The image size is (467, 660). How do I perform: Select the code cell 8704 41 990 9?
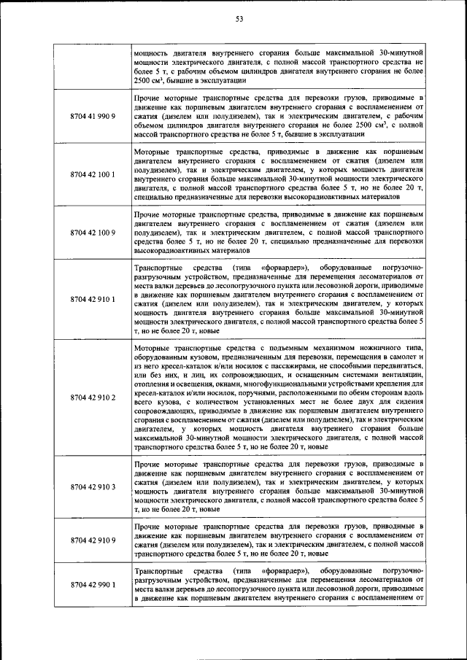coord(93,116)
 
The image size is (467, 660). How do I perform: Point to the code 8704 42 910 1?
coord(93,299)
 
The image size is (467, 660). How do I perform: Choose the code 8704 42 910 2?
coord(93,397)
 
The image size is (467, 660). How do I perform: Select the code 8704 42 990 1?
coord(93,584)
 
